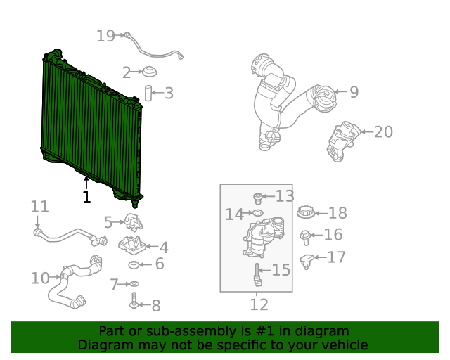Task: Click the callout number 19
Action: (105, 36)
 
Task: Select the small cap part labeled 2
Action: (149, 71)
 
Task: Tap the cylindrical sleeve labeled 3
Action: (149, 93)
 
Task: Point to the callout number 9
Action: (354, 91)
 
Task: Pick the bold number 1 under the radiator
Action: (86, 197)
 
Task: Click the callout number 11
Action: (39, 207)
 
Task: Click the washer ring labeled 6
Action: (134, 264)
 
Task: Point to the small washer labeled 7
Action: (134, 284)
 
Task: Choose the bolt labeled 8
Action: (134, 303)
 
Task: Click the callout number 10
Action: (40, 278)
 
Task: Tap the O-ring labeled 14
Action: (257, 212)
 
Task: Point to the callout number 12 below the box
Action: (259, 304)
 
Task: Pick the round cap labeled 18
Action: (306, 212)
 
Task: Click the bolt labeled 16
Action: (306, 236)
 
